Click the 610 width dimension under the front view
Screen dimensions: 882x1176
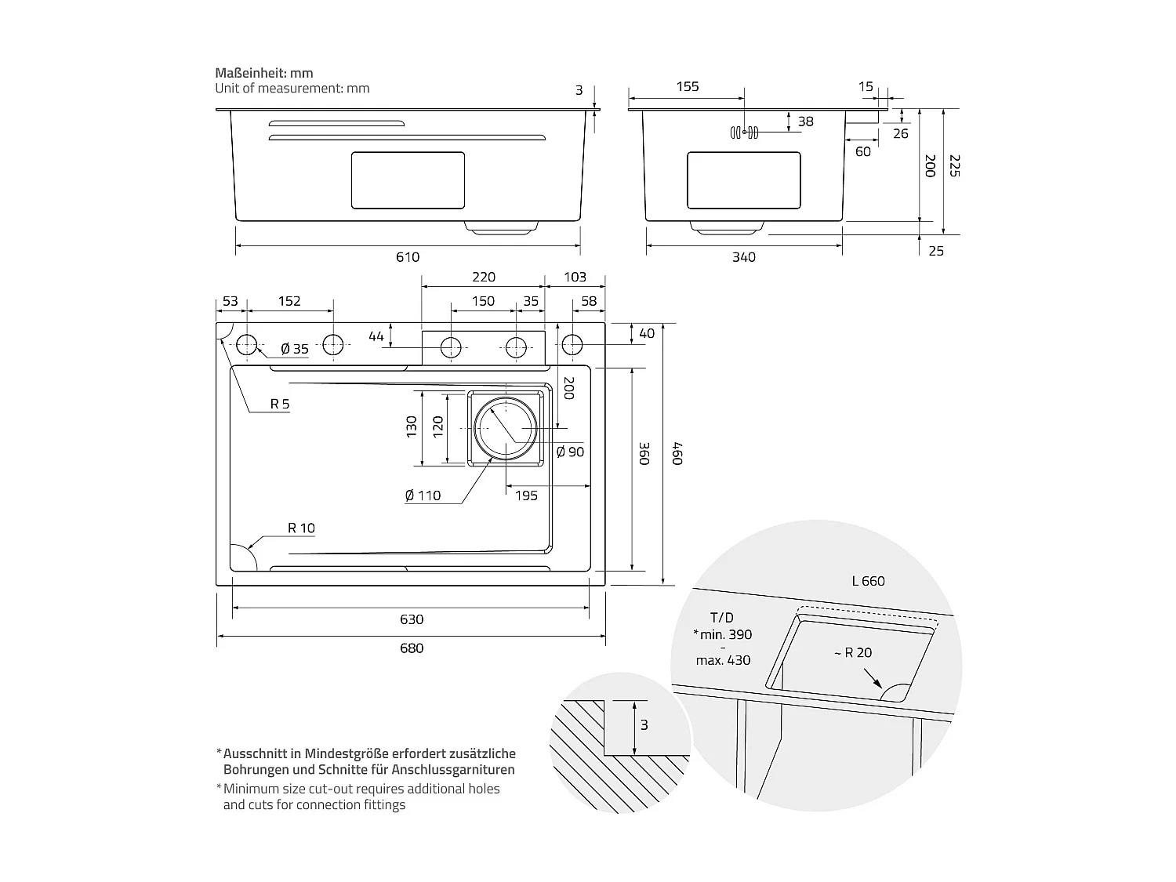408,257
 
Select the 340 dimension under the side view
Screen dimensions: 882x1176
743,257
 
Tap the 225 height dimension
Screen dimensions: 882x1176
953,165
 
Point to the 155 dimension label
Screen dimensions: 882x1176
687,87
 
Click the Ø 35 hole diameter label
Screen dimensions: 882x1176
295,349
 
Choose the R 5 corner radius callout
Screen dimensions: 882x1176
280,404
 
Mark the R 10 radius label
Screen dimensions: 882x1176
301,528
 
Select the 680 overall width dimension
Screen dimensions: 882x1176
411,648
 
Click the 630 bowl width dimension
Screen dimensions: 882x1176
411,619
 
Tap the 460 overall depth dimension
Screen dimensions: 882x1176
677,454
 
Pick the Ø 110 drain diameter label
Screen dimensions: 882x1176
423,495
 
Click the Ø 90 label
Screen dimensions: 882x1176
570,452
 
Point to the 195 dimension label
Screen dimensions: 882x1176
526,495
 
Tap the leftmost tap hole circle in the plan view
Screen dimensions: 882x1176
247,344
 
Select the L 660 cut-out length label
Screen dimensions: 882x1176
868,581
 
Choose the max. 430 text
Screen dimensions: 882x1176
723,660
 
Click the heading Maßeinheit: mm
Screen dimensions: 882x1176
264,73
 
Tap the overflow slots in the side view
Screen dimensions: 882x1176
744,132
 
